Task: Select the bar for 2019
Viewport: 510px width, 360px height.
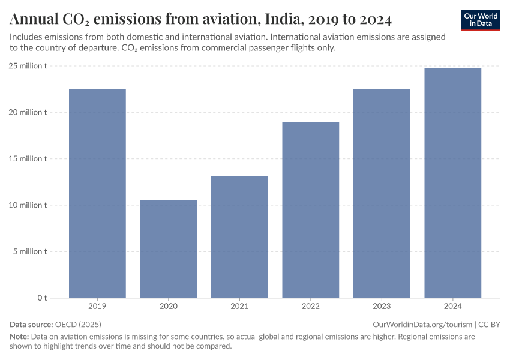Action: click(x=97, y=193)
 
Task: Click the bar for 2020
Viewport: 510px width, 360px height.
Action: click(x=168, y=248)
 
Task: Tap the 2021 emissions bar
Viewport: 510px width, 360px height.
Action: click(x=239, y=237)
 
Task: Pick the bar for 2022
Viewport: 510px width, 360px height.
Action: click(x=310, y=210)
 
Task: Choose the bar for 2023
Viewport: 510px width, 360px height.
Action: click(x=382, y=193)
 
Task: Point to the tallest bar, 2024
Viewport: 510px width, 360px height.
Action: click(x=452, y=183)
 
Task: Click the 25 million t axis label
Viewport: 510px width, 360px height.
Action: click(x=28, y=66)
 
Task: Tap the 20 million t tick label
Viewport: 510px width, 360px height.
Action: click(x=28, y=112)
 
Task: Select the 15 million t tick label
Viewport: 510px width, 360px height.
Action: click(x=28, y=159)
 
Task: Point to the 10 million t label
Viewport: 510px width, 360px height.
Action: click(x=28, y=205)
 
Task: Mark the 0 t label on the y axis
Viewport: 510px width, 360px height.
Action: click(x=42, y=298)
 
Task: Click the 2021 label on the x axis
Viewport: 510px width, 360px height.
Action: click(x=239, y=307)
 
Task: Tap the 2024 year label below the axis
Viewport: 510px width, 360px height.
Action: click(x=452, y=307)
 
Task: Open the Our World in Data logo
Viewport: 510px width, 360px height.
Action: click(x=481, y=20)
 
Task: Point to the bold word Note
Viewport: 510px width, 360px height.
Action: click(x=19, y=337)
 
